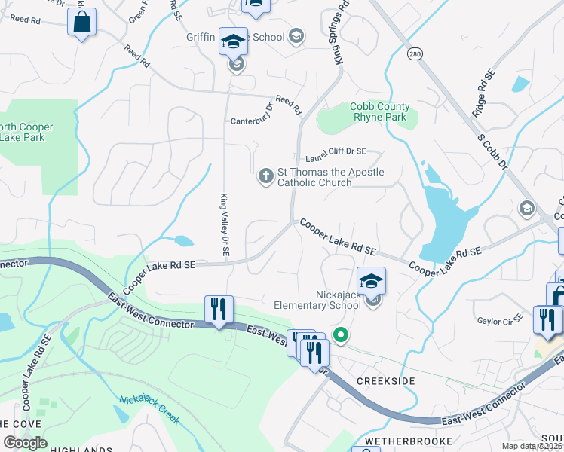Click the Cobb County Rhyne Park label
pyautogui.click(x=379, y=112)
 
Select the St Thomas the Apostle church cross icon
pyautogui.click(x=265, y=176)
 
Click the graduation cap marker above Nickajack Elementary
pyautogui.click(x=371, y=281)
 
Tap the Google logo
pyautogui.click(x=26, y=443)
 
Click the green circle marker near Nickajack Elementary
pyautogui.click(x=341, y=335)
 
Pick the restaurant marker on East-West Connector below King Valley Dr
pyautogui.click(x=219, y=310)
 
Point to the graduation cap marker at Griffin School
pyautogui.click(x=234, y=41)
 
